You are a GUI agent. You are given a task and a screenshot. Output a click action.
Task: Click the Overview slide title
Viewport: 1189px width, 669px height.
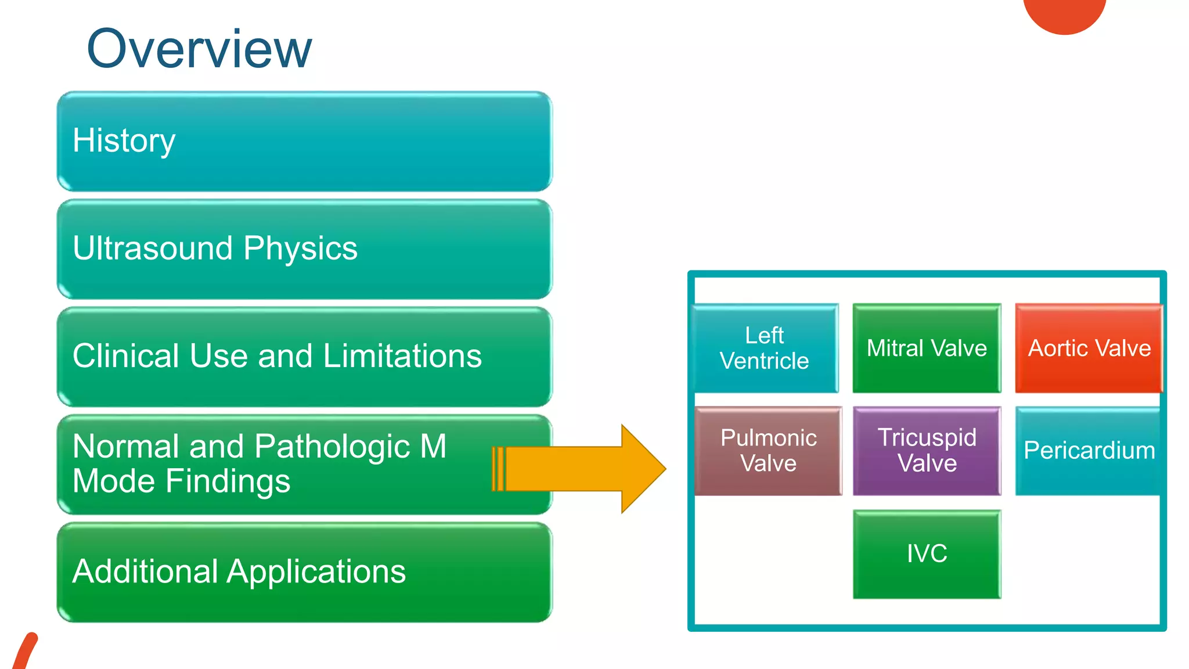pos(199,49)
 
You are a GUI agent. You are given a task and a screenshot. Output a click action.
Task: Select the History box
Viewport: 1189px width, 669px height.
pos(304,141)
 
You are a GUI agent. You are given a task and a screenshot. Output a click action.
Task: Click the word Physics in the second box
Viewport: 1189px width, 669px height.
pos(300,249)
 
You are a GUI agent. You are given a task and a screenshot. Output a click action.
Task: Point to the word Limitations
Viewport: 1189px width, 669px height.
pos(402,356)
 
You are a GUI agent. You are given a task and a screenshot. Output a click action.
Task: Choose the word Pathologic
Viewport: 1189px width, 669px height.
pos(332,447)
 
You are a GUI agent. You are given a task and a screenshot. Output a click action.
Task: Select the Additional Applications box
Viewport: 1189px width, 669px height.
pos(304,572)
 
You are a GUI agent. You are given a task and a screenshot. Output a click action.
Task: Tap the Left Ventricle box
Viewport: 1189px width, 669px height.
pos(765,348)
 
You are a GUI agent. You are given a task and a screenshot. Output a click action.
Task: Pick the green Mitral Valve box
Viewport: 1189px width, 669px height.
pos(927,348)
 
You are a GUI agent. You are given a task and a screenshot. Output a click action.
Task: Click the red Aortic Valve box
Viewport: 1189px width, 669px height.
pos(1089,348)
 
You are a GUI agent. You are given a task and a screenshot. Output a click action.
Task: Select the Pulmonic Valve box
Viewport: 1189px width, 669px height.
pos(768,451)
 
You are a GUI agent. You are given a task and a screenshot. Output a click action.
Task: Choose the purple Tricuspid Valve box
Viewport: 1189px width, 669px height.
pos(927,451)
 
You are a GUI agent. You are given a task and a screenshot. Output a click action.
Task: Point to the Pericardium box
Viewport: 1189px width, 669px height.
pos(1089,451)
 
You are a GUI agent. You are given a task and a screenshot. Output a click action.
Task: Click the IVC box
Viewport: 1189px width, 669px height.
pos(927,553)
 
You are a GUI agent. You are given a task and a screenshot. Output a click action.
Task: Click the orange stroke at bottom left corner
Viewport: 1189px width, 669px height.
pos(24,653)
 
